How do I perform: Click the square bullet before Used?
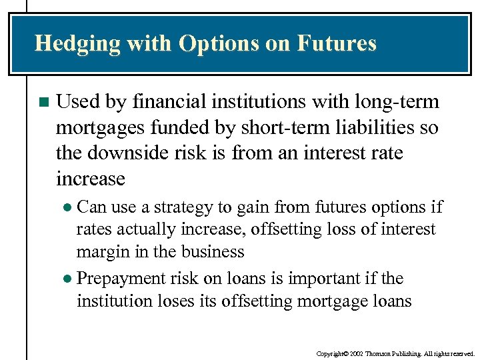coord(44,103)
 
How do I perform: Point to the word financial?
coord(175,102)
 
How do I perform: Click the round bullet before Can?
coord(70,207)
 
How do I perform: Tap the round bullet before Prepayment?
coord(70,279)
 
